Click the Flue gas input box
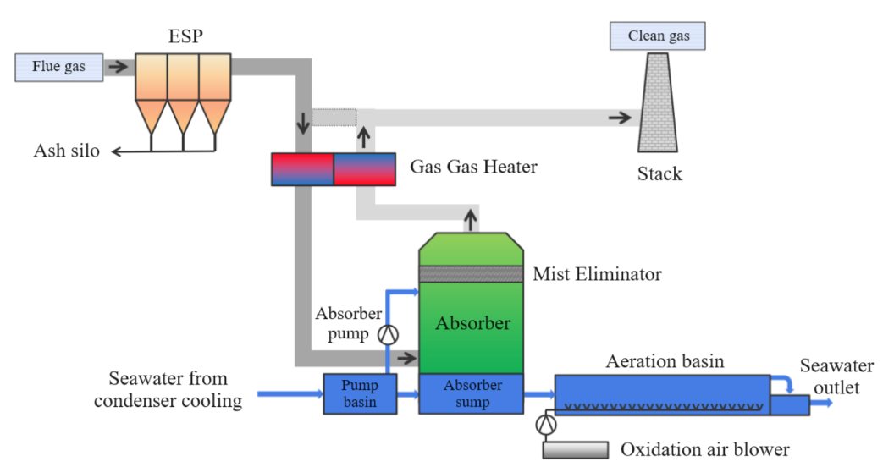point(58,66)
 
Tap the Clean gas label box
point(658,36)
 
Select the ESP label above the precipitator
point(186,36)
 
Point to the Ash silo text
point(67,151)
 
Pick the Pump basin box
point(360,393)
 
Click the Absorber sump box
point(472,393)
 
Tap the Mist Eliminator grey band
point(472,274)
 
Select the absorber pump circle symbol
point(388,334)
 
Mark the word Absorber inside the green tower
point(472,323)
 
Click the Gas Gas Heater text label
point(473,167)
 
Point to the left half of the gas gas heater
point(302,169)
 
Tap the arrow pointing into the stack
point(620,118)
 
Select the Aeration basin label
point(665,361)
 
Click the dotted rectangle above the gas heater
point(334,117)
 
